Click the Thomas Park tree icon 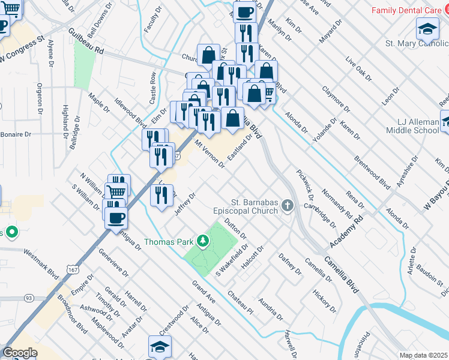pyautogui.click(x=203, y=242)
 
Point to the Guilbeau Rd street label pyautogui.click(x=86, y=40)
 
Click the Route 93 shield pyautogui.click(x=28, y=298)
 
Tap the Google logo pyautogui.click(x=20, y=352)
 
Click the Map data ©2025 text pyautogui.click(x=424, y=355)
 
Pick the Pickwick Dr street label pyautogui.click(x=305, y=185)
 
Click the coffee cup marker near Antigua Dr pyautogui.click(x=116, y=217)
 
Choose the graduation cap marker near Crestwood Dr pyautogui.click(x=160, y=346)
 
